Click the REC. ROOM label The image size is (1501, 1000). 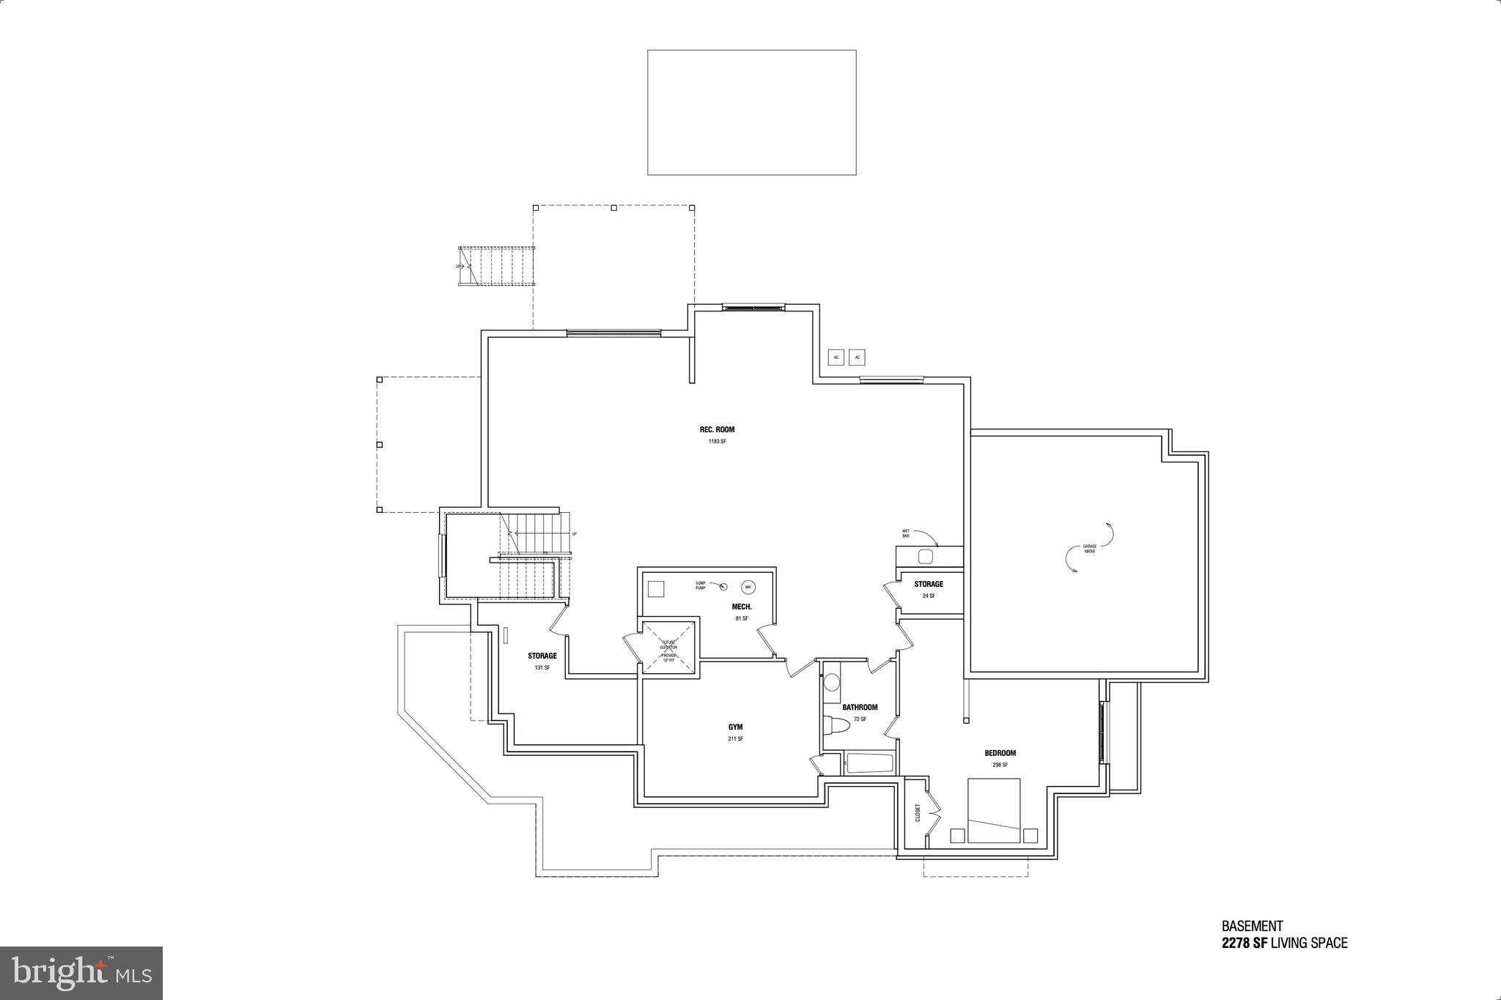tap(717, 430)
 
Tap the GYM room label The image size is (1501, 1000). tap(735, 727)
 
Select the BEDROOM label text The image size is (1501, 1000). tap(1000, 753)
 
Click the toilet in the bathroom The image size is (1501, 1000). tap(836, 725)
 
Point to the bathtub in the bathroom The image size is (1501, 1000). tap(869, 763)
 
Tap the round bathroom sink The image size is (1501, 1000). tap(831, 684)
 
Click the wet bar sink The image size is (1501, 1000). tap(926, 557)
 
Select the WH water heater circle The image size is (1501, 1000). tap(748, 587)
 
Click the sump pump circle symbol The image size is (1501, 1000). tap(723, 585)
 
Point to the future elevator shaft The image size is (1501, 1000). tap(668, 647)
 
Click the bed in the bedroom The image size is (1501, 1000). tap(994, 810)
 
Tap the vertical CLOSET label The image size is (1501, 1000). tap(917, 812)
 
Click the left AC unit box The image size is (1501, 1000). tap(836, 358)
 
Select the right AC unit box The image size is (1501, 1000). tap(858, 358)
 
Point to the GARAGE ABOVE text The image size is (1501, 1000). tap(1090, 548)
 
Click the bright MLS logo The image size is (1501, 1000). tap(81, 972)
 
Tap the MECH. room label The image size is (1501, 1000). tap(742, 607)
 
